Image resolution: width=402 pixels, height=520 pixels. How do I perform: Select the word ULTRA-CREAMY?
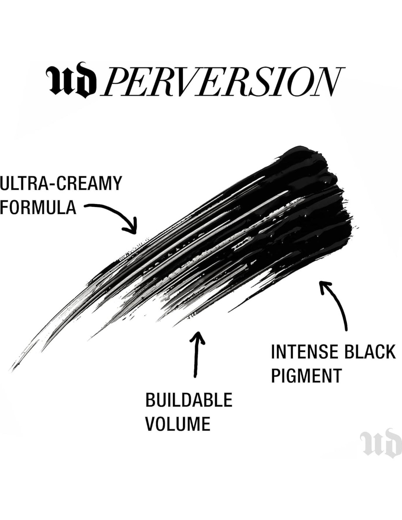point(61,184)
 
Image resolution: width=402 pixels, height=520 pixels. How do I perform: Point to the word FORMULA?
point(38,207)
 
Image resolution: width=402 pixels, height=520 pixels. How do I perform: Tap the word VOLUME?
point(178,423)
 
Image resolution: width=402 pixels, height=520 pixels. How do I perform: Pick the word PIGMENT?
point(306,375)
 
